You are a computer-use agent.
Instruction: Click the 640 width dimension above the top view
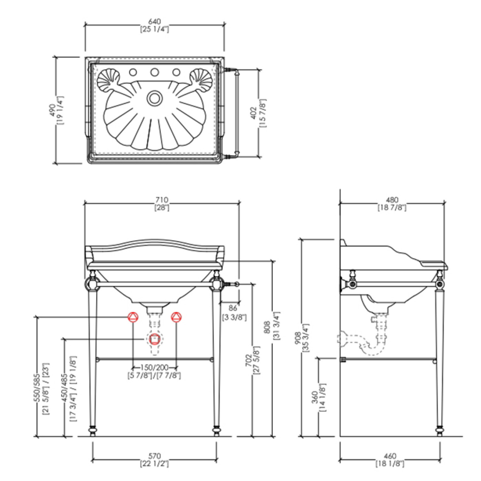pyautogui.click(x=154, y=22)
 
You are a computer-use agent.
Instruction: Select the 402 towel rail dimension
pyautogui.click(x=254, y=113)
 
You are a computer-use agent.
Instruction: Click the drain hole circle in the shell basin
pyautogui.click(x=154, y=98)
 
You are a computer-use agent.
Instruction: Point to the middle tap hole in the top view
pyautogui.click(x=154, y=72)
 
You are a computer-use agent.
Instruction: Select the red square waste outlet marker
pyautogui.click(x=154, y=339)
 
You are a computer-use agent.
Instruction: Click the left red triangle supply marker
pyautogui.click(x=133, y=317)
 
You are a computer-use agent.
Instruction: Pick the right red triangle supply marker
pyautogui.click(x=176, y=317)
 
